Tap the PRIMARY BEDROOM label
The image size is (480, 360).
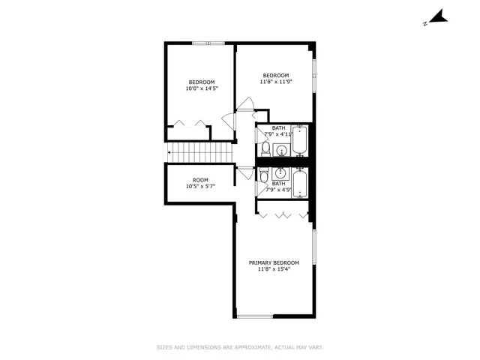pos(274,262)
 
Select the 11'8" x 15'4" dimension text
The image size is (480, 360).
pos(274,269)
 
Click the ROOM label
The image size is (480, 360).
pos(200,180)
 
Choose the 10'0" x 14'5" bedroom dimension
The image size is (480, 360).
pos(201,88)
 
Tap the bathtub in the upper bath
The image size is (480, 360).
pos(299,139)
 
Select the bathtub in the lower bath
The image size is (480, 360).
pos(299,184)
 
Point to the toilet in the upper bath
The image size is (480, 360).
pos(265,147)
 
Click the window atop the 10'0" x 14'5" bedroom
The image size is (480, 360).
pos(208,43)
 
